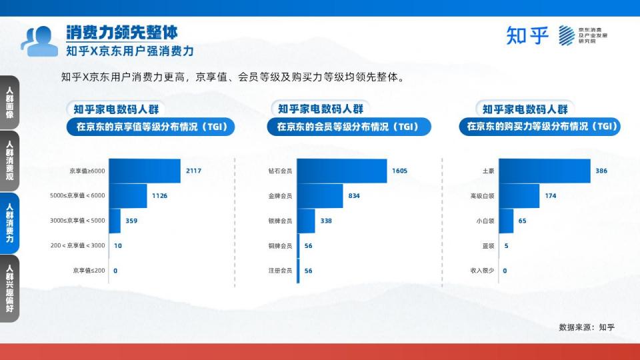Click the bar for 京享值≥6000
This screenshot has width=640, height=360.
click(x=145, y=171)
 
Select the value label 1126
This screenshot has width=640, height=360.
click(x=159, y=196)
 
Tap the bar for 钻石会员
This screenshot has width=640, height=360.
click(x=342, y=171)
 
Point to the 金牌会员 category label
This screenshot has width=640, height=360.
click(x=280, y=196)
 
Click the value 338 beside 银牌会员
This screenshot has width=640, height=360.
click(x=326, y=221)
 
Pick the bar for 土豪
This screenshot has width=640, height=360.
click(x=545, y=171)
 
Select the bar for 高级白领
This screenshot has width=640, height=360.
click(x=519, y=196)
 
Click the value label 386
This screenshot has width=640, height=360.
click(x=601, y=171)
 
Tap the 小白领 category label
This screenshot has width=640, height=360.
click(x=485, y=221)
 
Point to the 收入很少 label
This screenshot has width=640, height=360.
click(x=482, y=270)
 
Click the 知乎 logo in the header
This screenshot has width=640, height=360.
click(x=527, y=35)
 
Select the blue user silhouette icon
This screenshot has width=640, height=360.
click(x=39, y=41)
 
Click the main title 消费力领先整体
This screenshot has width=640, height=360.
click(x=122, y=33)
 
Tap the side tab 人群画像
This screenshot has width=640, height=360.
click(x=9, y=102)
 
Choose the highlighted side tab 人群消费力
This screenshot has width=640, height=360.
click(x=9, y=223)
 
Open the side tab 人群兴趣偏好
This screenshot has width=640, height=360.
click(x=9, y=288)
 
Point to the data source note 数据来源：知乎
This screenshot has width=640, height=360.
click(x=587, y=327)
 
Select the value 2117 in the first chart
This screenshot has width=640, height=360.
click(x=193, y=171)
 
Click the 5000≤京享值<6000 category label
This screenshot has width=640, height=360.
click(x=77, y=195)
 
